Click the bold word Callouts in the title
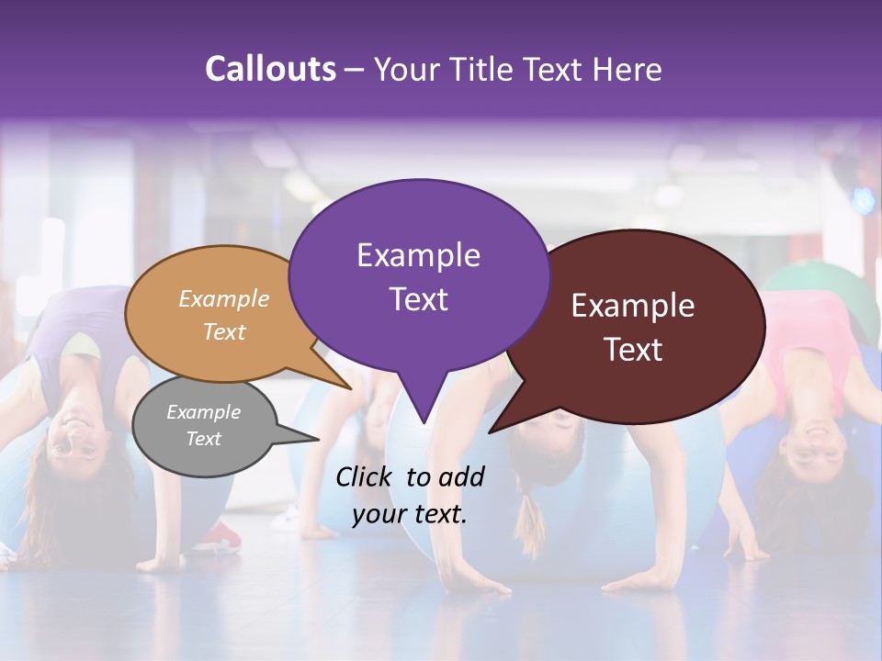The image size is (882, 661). (270, 69)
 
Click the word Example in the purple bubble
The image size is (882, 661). (418, 255)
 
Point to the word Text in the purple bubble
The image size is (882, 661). (418, 299)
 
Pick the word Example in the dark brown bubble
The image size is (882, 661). (633, 306)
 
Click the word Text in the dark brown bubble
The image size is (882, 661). (633, 350)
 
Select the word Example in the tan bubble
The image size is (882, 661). (224, 299)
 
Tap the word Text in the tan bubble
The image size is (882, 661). (224, 332)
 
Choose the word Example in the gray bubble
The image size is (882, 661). (203, 412)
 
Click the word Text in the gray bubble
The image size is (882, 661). (203, 439)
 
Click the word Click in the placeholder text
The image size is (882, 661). (366, 476)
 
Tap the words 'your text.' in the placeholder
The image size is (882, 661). (410, 515)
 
